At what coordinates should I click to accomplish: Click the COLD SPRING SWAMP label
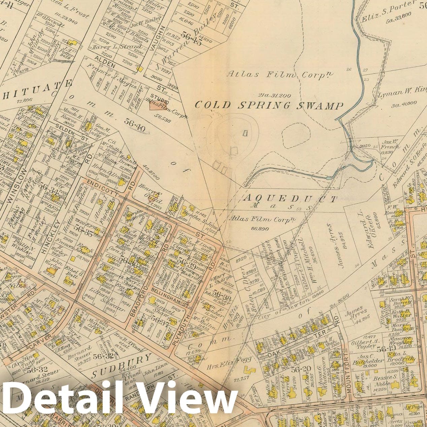point(269,105)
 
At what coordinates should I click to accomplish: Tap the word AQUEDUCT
point(290,199)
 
